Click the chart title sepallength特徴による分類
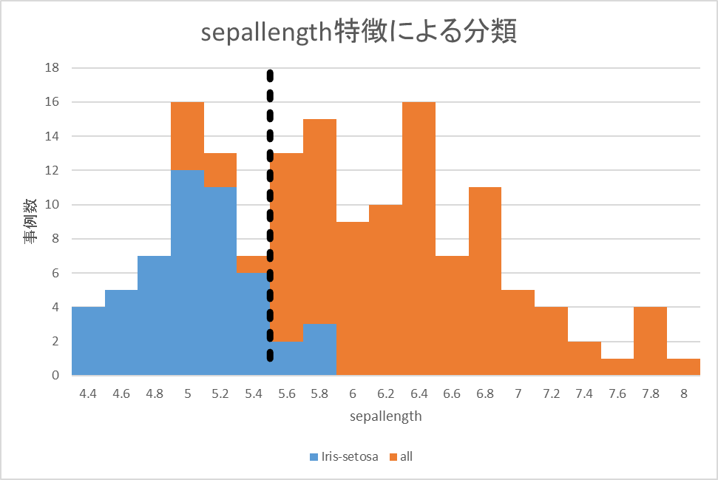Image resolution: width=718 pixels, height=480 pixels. tap(359, 33)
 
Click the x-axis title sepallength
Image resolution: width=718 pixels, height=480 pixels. tap(386, 416)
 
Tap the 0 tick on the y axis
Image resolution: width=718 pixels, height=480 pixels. tap(55, 375)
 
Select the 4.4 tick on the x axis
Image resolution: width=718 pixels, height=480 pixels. tap(88, 394)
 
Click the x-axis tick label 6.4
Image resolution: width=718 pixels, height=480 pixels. tap(419, 394)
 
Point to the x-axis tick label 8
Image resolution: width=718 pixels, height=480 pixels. tap(683, 394)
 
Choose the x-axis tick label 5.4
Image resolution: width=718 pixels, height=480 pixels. tap(253, 394)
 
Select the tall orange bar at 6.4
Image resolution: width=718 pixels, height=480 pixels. tap(419, 237)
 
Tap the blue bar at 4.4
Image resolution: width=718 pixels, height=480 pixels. tap(88, 340)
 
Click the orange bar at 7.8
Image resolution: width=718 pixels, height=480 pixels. tap(650, 340)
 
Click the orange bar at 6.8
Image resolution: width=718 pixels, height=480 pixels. tap(484, 281)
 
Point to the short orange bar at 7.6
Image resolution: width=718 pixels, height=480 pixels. tap(617, 367)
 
